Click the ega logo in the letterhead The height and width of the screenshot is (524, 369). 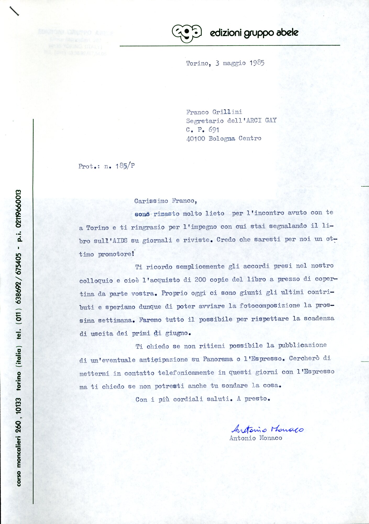(186, 33)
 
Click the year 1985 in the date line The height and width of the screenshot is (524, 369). (257, 63)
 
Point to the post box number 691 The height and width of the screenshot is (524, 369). (214, 129)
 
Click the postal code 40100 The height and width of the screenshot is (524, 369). (195, 139)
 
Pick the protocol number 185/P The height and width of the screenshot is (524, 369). (125, 166)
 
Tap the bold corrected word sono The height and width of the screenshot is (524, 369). (142, 214)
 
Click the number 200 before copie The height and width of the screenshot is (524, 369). (200, 280)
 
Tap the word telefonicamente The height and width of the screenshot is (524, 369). (186, 373)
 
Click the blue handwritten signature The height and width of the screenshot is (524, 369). (267, 429)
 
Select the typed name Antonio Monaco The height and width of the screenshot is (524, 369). (256, 438)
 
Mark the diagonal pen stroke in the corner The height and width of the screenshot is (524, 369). (14, 11)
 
